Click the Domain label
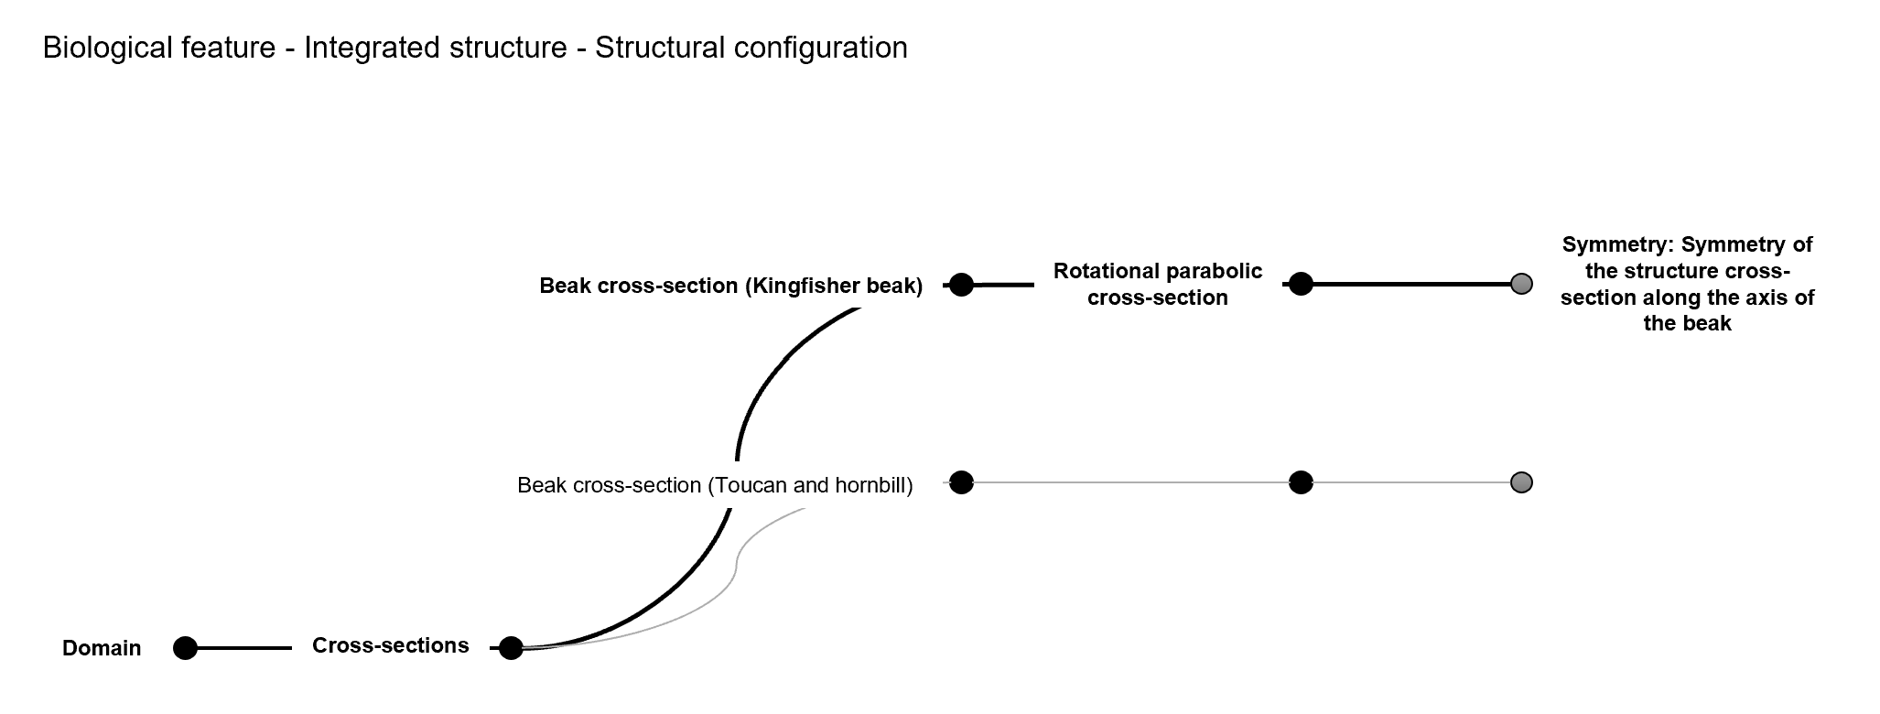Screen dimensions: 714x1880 (x=102, y=648)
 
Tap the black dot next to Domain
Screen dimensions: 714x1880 (x=185, y=648)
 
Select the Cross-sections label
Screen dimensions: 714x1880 (x=390, y=645)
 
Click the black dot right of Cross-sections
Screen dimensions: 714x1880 (x=511, y=648)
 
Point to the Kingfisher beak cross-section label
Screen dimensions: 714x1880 (x=730, y=286)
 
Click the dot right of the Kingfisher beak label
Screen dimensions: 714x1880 (x=961, y=285)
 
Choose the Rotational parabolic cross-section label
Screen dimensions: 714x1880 (x=1157, y=285)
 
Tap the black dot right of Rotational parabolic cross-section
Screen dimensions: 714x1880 (x=1301, y=284)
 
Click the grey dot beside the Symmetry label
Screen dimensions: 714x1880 (x=1521, y=284)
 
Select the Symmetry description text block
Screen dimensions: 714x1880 (x=1687, y=284)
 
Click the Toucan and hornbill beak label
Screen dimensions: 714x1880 (x=715, y=485)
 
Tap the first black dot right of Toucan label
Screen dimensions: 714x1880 (x=961, y=482)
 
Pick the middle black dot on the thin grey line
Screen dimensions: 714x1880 (x=1301, y=482)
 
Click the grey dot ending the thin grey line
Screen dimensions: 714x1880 (x=1521, y=482)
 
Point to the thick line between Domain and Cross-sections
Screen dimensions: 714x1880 (x=243, y=648)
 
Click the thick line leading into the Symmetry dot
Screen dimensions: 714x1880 (x=1410, y=285)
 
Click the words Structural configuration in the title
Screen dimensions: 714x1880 (x=751, y=48)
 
